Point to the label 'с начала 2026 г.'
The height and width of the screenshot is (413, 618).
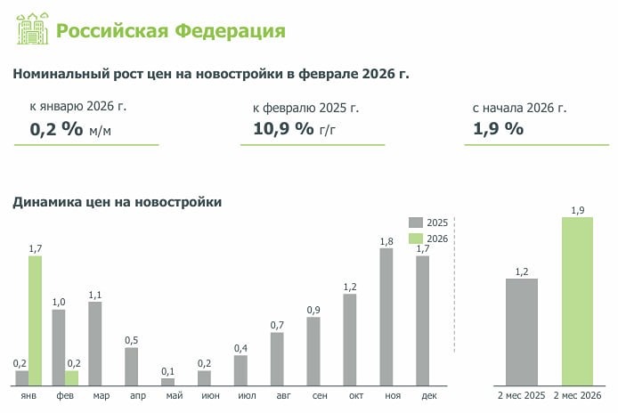(x=519, y=107)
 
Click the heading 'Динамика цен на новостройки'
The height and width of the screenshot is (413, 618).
(x=117, y=202)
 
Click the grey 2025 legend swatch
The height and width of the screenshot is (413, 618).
(x=416, y=223)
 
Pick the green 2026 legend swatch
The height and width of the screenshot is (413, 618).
(x=416, y=239)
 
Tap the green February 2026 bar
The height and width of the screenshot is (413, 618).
(x=71, y=377)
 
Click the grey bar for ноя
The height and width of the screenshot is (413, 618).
(x=386, y=316)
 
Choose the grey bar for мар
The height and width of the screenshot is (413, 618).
(x=94, y=343)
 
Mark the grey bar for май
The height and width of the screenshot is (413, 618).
(x=167, y=381)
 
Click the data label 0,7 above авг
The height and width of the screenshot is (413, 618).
(x=277, y=325)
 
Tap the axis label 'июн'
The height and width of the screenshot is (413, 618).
(x=204, y=394)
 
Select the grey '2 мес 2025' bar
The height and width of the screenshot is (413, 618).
(x=521, y=331)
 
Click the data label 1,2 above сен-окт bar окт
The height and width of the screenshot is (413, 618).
(x=349, y=286)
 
